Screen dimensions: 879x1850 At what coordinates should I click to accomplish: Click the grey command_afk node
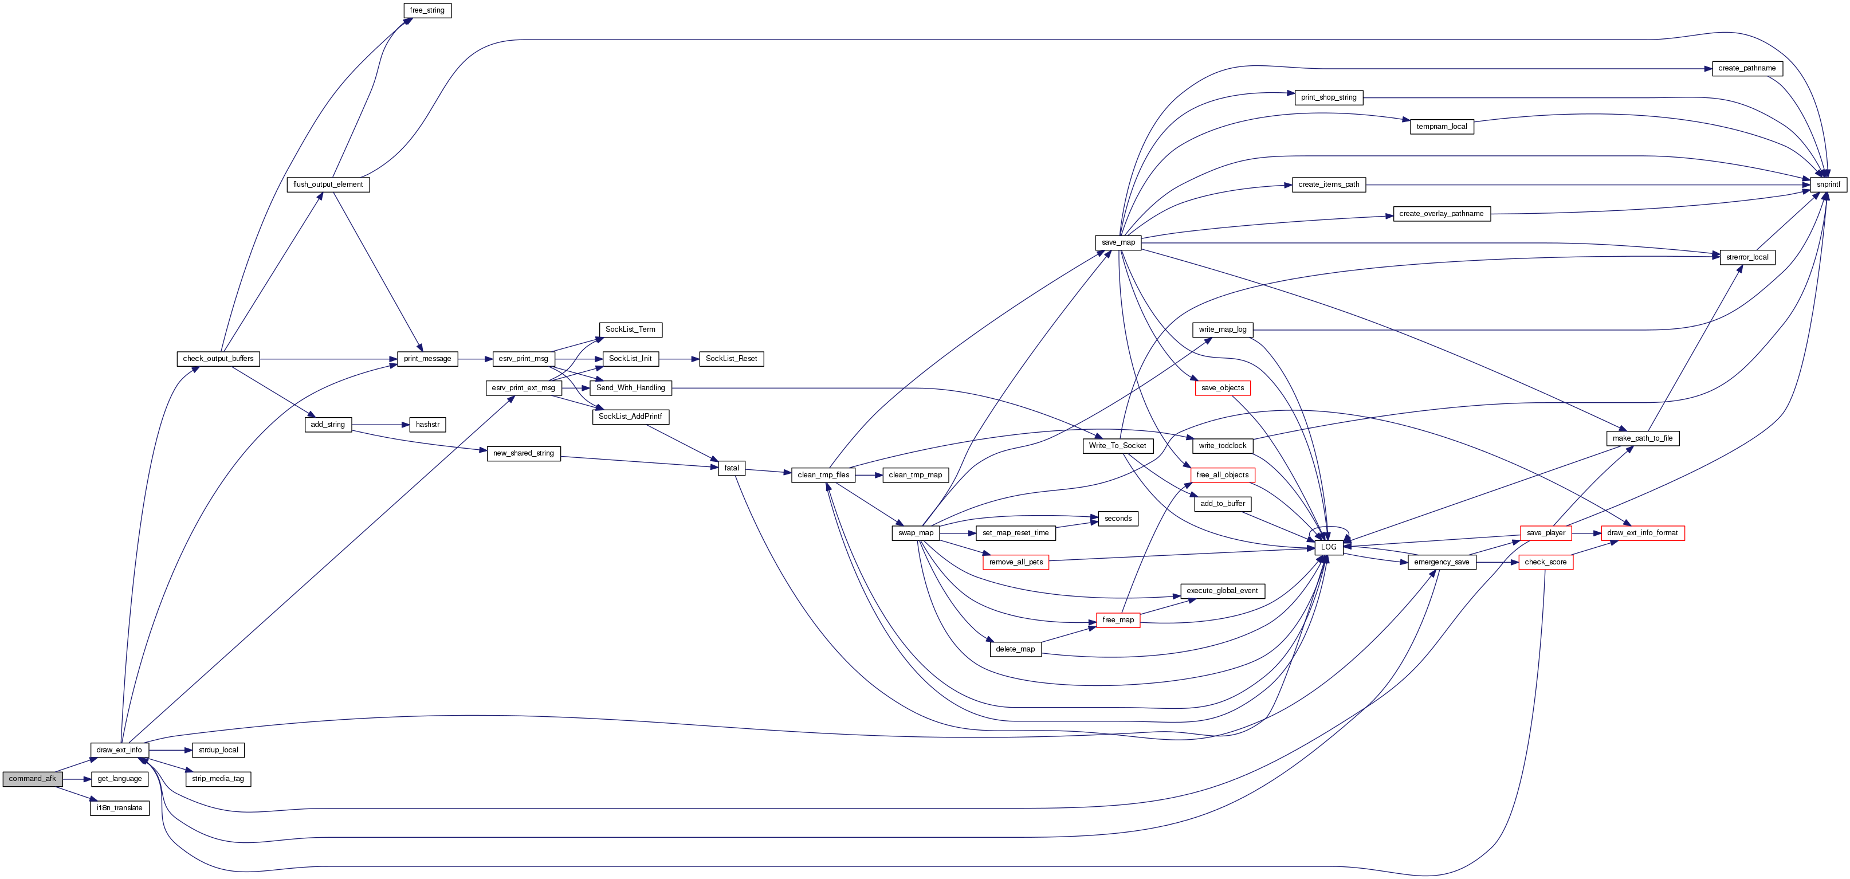(x=32, y=779)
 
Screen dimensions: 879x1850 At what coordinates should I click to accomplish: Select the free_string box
(x=427, y=11)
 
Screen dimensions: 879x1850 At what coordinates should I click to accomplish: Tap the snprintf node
(x=1828, y=185)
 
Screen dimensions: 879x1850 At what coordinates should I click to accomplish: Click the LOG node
(x=1329, y=547)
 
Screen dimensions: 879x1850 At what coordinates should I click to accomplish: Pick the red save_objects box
(x=1222, y=388)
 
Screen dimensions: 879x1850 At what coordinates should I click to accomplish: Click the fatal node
(x=731, y=468)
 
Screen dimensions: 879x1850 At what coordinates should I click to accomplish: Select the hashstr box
(x=427, y=425)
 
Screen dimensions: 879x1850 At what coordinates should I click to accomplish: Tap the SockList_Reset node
(x=731, y=358)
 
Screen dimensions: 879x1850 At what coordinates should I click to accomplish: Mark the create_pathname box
(x=1746, y=68)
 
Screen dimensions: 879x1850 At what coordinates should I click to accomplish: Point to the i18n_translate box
(x=120, y=808)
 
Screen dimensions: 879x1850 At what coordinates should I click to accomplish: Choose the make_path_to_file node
(x=1643, y=438)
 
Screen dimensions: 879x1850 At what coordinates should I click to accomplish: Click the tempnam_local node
(x=1441, y=127)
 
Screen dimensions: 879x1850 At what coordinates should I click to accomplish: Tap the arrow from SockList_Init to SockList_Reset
(x=679, y=358)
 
